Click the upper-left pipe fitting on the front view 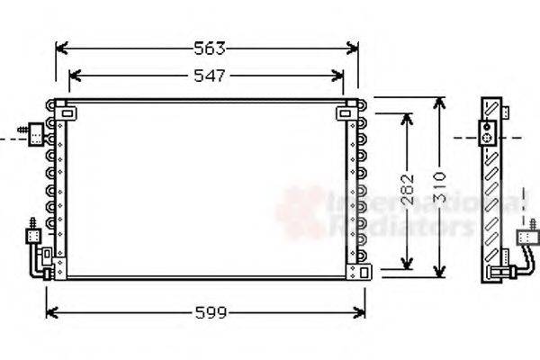click(x=35, y=134)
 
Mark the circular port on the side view click(x=489, y=139)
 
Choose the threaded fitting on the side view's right click(x=522, y=238)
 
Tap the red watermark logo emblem click(x=301, y=211)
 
